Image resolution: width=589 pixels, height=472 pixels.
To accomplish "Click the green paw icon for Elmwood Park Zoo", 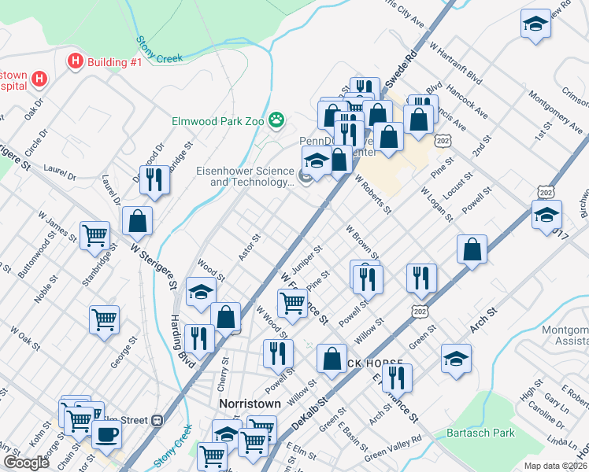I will click(276, 120).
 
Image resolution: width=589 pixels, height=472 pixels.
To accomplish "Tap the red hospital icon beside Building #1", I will click(76, 61).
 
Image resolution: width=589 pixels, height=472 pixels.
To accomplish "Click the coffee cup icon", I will click(106, 433).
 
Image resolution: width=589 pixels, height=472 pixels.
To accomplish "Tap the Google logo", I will click(27, 463).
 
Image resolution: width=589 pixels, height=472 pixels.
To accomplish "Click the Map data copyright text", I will click(555, 466).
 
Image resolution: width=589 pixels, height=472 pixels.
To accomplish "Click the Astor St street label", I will click(250, 247).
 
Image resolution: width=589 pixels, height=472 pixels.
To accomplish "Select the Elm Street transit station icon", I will click(157, 420).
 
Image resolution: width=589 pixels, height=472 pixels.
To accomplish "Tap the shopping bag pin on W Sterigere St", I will click(138, 221).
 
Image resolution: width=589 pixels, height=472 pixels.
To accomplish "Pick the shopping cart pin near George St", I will click(104, 320).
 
